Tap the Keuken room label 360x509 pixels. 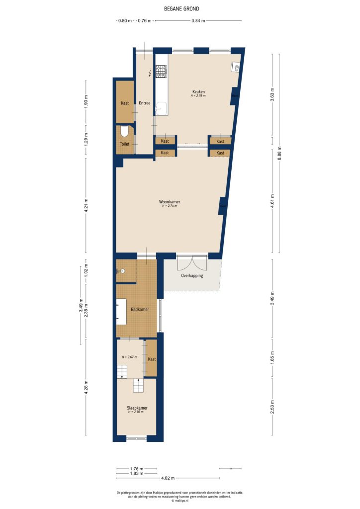pyautogui.click(x=198, y=92)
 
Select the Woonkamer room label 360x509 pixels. pyautogui.click(x=170, y=202)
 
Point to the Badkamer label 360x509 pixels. pyautogui.click(x=140, y=310)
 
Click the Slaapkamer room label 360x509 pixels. pyautogui.click(x=137, y=408)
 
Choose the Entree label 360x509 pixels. pyautogui.click(x=145, y=103)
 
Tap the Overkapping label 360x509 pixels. pyautogui.click(x=192, y=275)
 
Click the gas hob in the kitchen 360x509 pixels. pyautogui.click(x=161, y=73)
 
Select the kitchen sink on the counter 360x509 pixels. pyautogui.click(x=161, y=107)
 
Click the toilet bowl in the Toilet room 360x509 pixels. pyautogui.click(x=124, y=131)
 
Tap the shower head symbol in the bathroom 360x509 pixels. pyautogui.click(x=121, y=271)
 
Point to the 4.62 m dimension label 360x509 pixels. pyautogui.click(x=168, y=478)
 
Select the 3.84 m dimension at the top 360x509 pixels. pyautogui.click(x=198, y=21)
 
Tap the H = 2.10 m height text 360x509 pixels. pyautogui.click(x=137, y=412)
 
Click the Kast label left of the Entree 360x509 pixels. pyautogui.click(x=125, y=103)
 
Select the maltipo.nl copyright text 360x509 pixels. pyautogui.click(x=180, y=501)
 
